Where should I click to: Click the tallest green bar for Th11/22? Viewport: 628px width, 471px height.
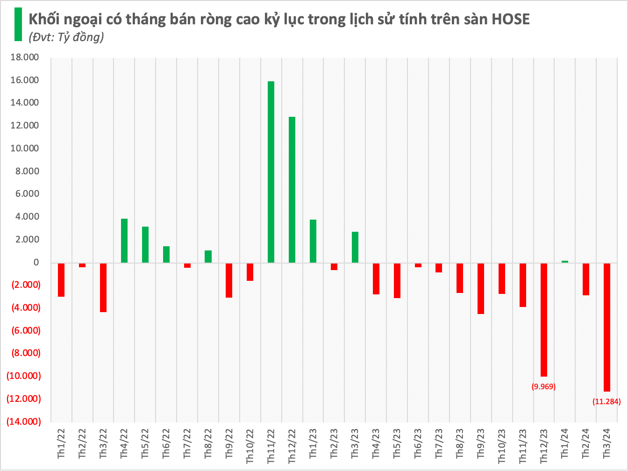[271, 172]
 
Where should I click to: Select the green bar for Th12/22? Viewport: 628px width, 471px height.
[292, 190]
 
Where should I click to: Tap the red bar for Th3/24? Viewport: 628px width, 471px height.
[607, 327]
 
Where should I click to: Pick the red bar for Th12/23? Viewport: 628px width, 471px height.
[544, 320]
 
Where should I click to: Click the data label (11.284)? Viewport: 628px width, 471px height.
[607, 401]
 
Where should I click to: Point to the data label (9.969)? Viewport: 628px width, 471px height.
[544, 386]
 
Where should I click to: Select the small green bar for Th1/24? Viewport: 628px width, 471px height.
[564, 262]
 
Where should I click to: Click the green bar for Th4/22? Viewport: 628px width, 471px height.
[124, 241]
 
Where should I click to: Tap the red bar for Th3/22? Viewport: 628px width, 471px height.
[103, 287]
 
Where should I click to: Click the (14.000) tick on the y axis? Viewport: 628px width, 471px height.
[23, 421]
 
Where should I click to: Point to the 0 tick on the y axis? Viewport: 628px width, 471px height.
[36, 263]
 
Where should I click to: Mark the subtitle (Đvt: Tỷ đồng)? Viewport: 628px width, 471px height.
[66, 37]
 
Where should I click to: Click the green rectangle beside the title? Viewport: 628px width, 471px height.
[18, 24]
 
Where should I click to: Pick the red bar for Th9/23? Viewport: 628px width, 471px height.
[481, 288]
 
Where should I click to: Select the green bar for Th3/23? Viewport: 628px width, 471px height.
[355, 247]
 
